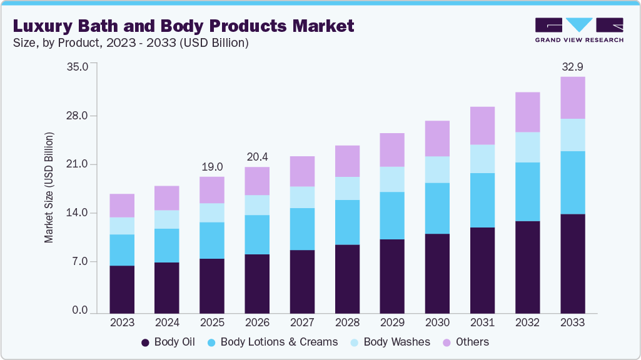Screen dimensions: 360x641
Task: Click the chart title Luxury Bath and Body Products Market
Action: point(183,26)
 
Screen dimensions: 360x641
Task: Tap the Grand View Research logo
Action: point(578,30)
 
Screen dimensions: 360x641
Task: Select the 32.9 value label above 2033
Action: point(572,67)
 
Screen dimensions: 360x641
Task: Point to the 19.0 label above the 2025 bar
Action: point(212,167)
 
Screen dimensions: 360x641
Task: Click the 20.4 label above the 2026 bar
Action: point(257,157)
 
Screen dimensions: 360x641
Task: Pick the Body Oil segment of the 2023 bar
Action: point(122,289)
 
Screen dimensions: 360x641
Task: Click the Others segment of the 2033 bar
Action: point(572,97)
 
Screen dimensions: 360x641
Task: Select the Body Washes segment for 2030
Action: point(437,169)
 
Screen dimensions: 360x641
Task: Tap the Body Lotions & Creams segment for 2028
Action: point(347,222)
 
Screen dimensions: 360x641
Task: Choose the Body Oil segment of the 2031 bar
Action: point(482,270)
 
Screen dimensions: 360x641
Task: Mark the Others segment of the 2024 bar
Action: point(167,198)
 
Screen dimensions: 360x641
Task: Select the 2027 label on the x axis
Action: point(302,322)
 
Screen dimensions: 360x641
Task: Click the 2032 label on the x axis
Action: point(527,322)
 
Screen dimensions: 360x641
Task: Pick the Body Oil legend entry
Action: point(168,342)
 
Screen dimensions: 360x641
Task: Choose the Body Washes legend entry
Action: point(391,342)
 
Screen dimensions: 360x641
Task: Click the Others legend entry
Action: point(467,342)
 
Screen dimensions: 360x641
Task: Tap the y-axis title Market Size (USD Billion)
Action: point(49,187)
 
